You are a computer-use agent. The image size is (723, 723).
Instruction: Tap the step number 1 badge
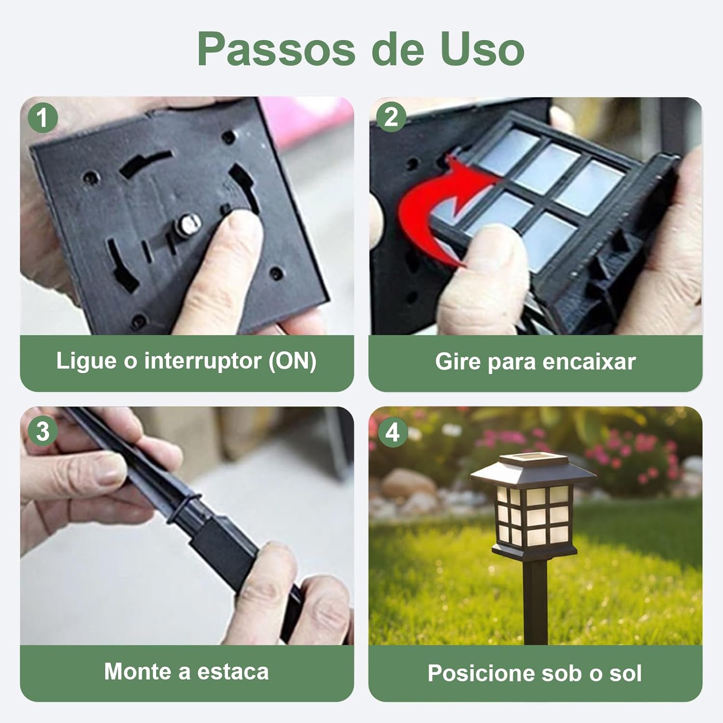[x=43, y=118]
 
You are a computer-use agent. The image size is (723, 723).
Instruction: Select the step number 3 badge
[x=43, y=430]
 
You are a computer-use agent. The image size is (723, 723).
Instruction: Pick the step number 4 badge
[x=392, y=432]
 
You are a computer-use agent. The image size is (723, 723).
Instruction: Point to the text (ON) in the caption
[x=293, y=361]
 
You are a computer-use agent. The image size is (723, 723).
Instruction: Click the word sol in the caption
[x=626, y=673]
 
